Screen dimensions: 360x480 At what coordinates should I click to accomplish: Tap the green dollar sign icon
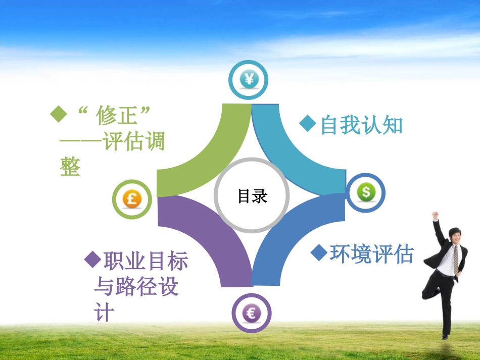click(x=366, y=192)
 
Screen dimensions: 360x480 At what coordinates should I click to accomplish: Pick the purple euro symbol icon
click(x=251, y=313)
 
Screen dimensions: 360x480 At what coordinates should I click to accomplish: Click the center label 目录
click(x=252, y=196)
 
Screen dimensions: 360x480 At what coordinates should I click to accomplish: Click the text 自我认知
click(x=362, y=125)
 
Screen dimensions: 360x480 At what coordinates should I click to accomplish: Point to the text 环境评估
click(x=371, y=253)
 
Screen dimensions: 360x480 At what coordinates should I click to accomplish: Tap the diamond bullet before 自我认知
click(x=308, y=124)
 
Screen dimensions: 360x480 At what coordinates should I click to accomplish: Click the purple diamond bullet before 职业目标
click(x=93, y=260)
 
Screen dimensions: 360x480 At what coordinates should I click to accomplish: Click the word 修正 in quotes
click(x=117, y=117)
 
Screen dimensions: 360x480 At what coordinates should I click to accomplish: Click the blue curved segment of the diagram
click(x=298, y=237)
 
